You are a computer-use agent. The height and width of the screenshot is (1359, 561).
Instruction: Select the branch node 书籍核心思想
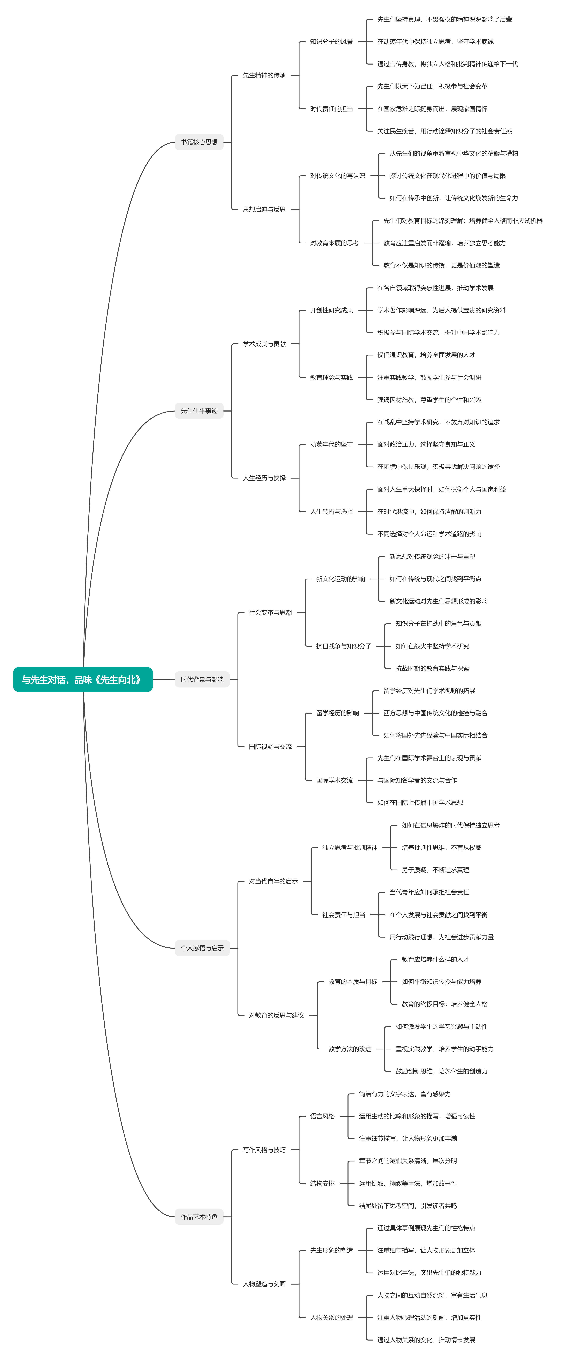[199, 142]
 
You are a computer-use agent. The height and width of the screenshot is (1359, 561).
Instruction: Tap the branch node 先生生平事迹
[199, 410]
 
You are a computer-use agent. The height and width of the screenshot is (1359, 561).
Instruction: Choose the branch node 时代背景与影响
[202, 679]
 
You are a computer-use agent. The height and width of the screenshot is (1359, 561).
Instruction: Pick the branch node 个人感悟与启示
[202, 948]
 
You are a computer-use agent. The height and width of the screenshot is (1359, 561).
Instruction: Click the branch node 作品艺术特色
[199, 1217]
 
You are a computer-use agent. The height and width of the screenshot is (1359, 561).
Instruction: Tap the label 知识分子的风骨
[331, 42]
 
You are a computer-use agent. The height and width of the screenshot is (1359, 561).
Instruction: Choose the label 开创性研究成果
[331, 310]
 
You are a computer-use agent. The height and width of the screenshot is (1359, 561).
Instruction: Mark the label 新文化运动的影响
[340, 579]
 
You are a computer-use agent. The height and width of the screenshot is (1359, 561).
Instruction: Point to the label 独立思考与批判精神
[350, 847]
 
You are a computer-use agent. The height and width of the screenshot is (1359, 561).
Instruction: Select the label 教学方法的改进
[350, 1049]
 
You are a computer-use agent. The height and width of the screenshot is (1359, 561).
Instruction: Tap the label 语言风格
[322, 1116]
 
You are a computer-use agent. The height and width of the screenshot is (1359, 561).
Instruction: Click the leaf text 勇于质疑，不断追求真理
[435, 870]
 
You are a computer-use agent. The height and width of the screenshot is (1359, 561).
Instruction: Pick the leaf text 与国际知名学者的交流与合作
[417, 780]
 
